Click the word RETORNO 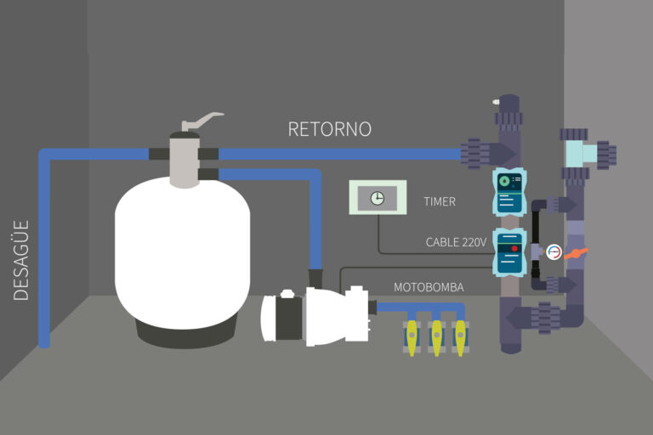(329, 129)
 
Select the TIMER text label (440, 202)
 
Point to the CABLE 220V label (456, 242)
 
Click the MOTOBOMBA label (429, 287)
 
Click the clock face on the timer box (377, 198)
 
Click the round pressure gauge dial (554, 252)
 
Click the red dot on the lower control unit (514, 249)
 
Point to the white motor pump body (327, 312)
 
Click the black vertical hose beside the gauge (536, 246)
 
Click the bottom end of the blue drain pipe (44, 342)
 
